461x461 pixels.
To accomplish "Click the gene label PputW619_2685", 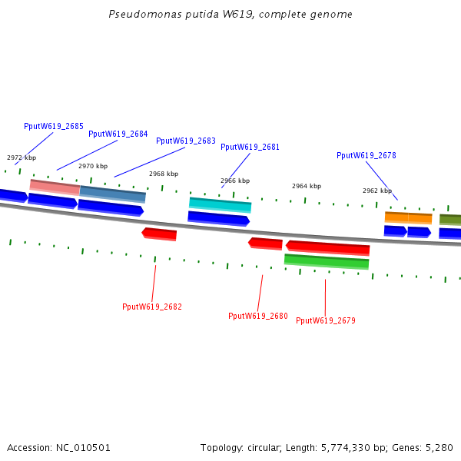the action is pyautogui.click(x=54, y=126).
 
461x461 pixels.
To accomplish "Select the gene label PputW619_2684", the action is pyautogui.click(x=118, y=134).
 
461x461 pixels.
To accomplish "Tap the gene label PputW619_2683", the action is pyautogui.click(x=186, y=141).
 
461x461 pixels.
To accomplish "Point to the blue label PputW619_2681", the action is pyautogui.click(x=250, y=147).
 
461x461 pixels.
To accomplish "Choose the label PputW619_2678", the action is pyautogui.click(x=366, y=155).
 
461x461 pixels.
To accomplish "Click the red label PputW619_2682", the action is pyautogui.click(x=152, y=307).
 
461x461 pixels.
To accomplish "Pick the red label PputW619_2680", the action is pyautogui.click(x=258, y=316).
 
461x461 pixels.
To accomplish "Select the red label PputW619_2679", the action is pyautogui.click(x=326, y=320).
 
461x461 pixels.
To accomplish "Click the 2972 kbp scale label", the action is pyautogui.click(x=22, y=158).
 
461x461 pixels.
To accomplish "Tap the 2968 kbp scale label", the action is pyautogui.click(x=164, y=174).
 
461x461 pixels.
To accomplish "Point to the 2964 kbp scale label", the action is pyautogui.click(x=307, y=186).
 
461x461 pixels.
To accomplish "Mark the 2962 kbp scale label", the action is pyautogui.click(x=377, y=191).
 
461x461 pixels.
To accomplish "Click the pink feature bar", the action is pyautogui.click(x=55, y=187).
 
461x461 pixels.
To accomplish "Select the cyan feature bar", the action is pyautogui.click(x=221, y=205).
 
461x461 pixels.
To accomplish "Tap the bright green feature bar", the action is pyautogui.click(x=327, y=261).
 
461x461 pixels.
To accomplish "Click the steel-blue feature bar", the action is pyautogui.click(x=113, y=194).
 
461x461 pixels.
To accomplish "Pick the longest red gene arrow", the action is pyautogui.click(x=327, y=247).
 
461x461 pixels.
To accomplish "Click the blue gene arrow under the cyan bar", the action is pyautogui.click(x=219, y=219).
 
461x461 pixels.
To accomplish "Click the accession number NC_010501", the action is pyautogui.click(x=83, y=448).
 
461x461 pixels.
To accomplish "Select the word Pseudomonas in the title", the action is pyautogui.click(x=145, y=15).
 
